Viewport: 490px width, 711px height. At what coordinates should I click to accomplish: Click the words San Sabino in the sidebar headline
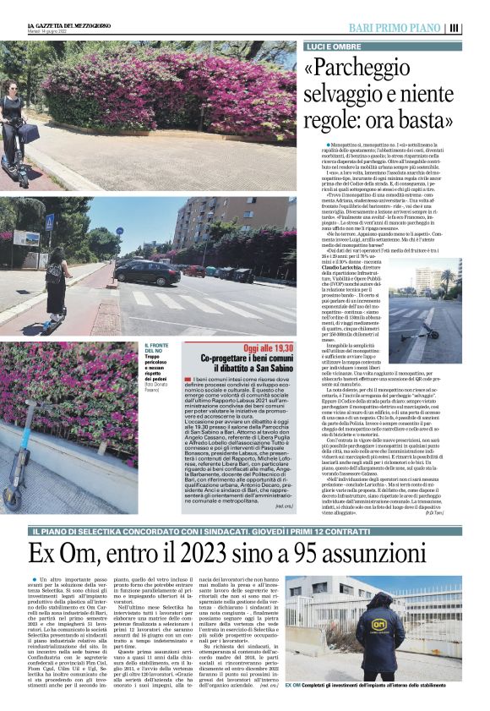coord(269,370)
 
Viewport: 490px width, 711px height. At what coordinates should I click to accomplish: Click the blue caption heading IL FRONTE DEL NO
coord(160,347)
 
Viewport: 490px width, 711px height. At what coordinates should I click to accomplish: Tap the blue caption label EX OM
coord(293,685)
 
